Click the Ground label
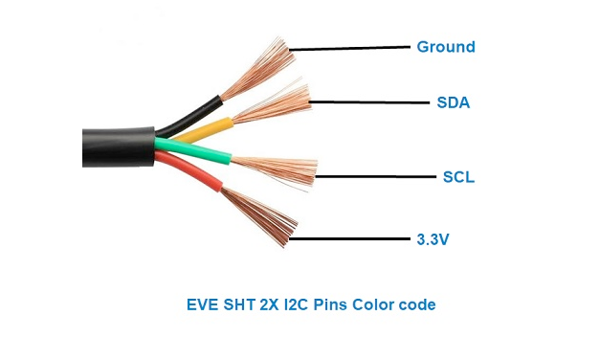point(445,47)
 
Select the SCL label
point(458,177)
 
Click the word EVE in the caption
point(203,305)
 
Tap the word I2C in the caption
point(294,305)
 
